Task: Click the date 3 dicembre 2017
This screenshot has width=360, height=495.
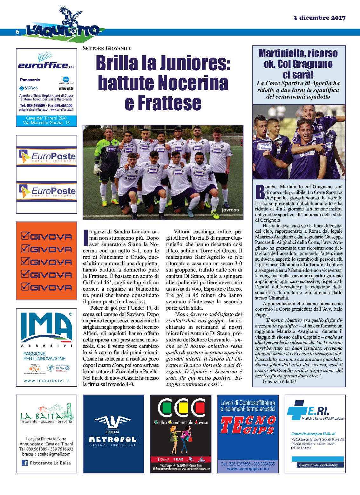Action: tap(319, 18)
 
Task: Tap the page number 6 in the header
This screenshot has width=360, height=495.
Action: tap(17, 31)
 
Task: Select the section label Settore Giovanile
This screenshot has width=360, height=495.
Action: tap(107, 48)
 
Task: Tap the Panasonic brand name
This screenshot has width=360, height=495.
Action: tap(30, 80)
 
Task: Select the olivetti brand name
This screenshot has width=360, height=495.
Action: tap(66, 88)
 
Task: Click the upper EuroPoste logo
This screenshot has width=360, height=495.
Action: tap(47, 156)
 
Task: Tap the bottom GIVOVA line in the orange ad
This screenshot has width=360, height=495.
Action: tap(46, 287)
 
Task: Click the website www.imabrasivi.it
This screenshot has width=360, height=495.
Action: tap(47, 381)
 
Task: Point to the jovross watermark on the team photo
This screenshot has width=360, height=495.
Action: tap(230, 210)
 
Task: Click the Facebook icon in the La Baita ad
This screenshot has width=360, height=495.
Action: tap(24, 463)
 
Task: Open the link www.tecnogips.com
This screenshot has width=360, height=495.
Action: tap(248, 469)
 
